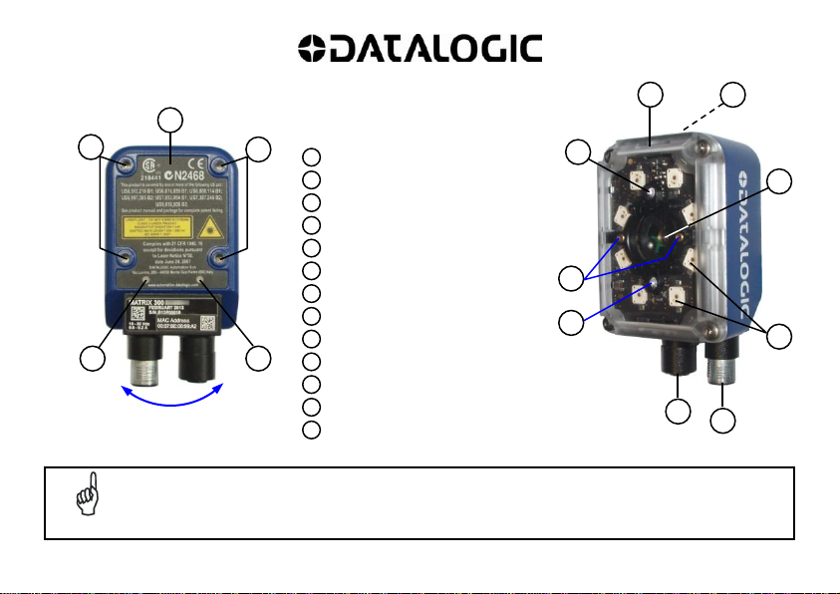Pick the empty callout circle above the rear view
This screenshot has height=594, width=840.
(x=173, y=121)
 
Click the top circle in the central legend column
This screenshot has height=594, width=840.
(x=312, y=156)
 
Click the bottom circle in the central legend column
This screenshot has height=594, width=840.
(x=312, y=430)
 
